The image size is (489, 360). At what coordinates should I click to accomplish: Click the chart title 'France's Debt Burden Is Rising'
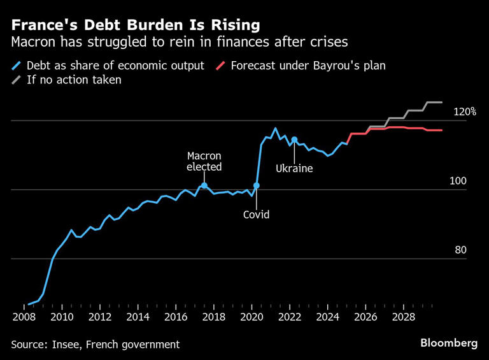pyautogui.click(x=135, y=25)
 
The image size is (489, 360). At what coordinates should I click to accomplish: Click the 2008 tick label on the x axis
pyautogui.click(x=24, y=317)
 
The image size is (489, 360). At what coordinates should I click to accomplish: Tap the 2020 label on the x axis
pyautogui.click(x=252, y=317)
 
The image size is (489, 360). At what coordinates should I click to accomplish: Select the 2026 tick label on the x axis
pyautogui.click(x=365, y=317)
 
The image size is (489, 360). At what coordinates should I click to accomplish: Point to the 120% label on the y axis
pyautogui.click(x=464, y=112)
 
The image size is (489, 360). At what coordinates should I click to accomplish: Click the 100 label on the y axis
pyautogui.click(x=458, y=181)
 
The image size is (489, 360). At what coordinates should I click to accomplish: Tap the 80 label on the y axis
pyautogui.click(x=461, y=250)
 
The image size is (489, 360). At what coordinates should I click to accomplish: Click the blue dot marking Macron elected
pyautogui.click(x=204, y=185)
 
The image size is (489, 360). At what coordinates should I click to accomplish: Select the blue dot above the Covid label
pyautogui.click(x=257, y=185)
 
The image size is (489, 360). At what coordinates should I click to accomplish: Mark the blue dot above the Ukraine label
pyautogui.click(x=294, y=140)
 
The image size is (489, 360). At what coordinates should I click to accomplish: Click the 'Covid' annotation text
pyautogui.click(x=257, y=215)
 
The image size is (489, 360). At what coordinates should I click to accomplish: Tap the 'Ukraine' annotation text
pyautogui.click(x=294, y=169)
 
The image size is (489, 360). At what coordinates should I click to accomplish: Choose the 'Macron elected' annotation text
pyautogui.click(x=204, y=162)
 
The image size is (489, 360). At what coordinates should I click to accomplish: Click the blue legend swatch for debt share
pyautogui.click(x=16, y=66)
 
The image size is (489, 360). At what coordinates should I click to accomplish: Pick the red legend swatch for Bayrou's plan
pyautogui.click(x=220, y=66)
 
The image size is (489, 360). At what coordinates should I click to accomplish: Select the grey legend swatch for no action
pyautogui.click(x=16, y=80)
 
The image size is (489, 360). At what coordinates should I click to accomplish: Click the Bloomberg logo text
pyautogui.click(x=449, y=343)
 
